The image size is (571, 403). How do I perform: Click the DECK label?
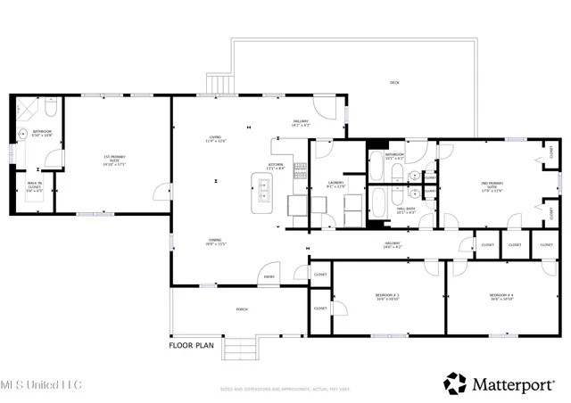point(394,83)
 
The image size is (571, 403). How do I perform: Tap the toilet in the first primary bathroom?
point(50,109)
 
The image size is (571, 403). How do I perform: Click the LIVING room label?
point(216,139)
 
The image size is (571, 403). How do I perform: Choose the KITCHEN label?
point(277,166)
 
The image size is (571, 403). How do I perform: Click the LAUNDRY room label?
point(335,185)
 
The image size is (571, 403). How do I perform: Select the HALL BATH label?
point(407,211)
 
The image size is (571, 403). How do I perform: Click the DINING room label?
point(216,242)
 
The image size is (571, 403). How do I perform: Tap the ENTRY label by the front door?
point(268,277)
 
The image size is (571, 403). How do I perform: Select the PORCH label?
point(241,309)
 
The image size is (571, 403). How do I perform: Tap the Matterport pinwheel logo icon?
point(455,383)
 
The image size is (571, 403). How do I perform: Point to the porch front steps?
point(238,349)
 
